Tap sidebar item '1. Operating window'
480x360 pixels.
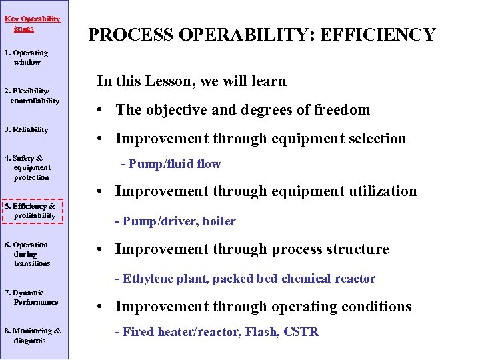(27, 57)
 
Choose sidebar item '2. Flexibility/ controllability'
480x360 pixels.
(32, 96)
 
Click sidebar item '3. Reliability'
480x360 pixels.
(27, 129)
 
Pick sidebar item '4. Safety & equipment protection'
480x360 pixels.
(28, 168)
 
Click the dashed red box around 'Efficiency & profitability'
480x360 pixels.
(33, 211)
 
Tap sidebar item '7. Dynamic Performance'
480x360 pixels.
(31, 297)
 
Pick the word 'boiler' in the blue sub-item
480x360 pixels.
(219, 221)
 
